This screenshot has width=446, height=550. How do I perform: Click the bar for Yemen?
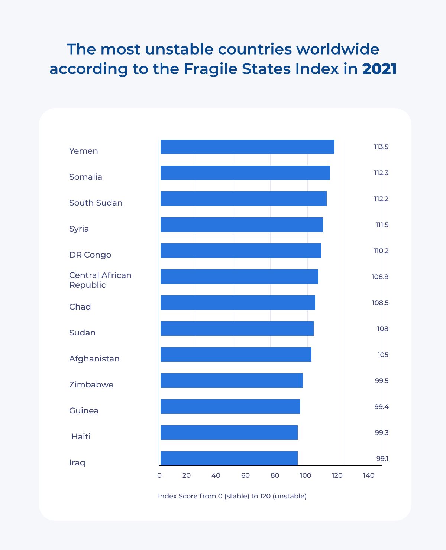pos(247,147)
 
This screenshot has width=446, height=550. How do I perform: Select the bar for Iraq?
pos(229,458)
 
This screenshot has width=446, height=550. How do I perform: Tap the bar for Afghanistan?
pos(236,354)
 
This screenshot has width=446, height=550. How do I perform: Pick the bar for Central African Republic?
pos(239,276)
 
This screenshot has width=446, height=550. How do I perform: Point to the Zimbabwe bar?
pos(232,380)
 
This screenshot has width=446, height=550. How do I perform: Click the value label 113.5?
pos(381,147)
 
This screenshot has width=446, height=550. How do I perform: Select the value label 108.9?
pos(380,277)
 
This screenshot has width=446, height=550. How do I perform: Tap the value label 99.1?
pos(382,459)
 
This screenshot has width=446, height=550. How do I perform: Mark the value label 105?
pos(383,355)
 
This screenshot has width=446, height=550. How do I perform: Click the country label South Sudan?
pos(96,203)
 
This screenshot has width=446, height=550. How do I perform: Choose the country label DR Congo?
pos(90,255)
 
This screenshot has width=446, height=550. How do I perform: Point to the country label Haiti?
pos(81,436)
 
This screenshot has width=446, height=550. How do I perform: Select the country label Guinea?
pos(84,410)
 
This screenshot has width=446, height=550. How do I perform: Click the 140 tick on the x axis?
pos(369,475)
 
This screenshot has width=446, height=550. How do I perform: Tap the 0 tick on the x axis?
pos(159,475)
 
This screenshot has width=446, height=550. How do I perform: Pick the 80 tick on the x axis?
pos(275,475)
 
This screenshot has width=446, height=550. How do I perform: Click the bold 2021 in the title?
pos(379,69)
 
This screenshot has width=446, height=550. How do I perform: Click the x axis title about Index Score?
pos(232,496)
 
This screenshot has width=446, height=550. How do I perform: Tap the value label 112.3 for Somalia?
pos(381,173)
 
